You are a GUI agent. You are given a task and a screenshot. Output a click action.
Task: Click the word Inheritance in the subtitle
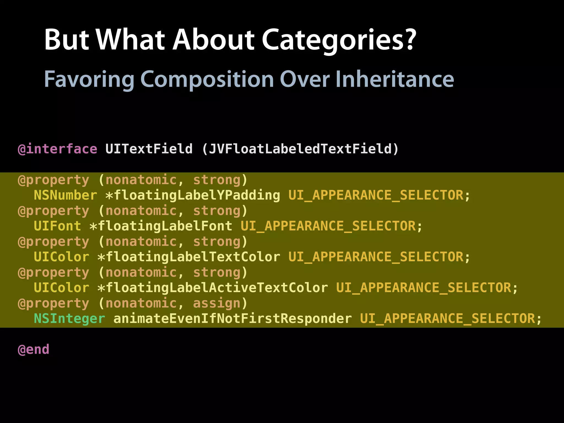pyautogui.click(x=394, y=79)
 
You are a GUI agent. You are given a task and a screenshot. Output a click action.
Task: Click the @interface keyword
pyautogui.click(x=57, y=149)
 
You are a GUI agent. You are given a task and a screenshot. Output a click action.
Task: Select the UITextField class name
pyautogui.click(x=149, y=149)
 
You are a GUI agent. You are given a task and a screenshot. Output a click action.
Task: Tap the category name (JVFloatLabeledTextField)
pyautogui.click(x=300, y=149)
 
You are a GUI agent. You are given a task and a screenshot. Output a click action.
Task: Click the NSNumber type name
pyautogui.click(x=65, y=195)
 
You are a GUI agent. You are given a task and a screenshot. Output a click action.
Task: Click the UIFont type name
pyautogui.click(x=57, y=226)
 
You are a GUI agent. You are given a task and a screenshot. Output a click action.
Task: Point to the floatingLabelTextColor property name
pyautogui.click(x=193, y=257)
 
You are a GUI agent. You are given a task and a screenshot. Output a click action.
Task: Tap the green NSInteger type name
pyautogui.click(x=69, y=319)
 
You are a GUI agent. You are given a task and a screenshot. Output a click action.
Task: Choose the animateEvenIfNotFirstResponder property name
pyautogui.click(x=232, y=319)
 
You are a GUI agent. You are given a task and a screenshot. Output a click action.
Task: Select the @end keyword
pyautogui.click(x=33, y=349)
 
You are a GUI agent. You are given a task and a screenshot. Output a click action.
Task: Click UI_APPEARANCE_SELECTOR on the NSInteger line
pyautogui.click(x=448, y=319)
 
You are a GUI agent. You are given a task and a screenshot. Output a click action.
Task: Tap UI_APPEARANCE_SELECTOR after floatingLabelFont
pyautogui.click(x=328, y=226)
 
